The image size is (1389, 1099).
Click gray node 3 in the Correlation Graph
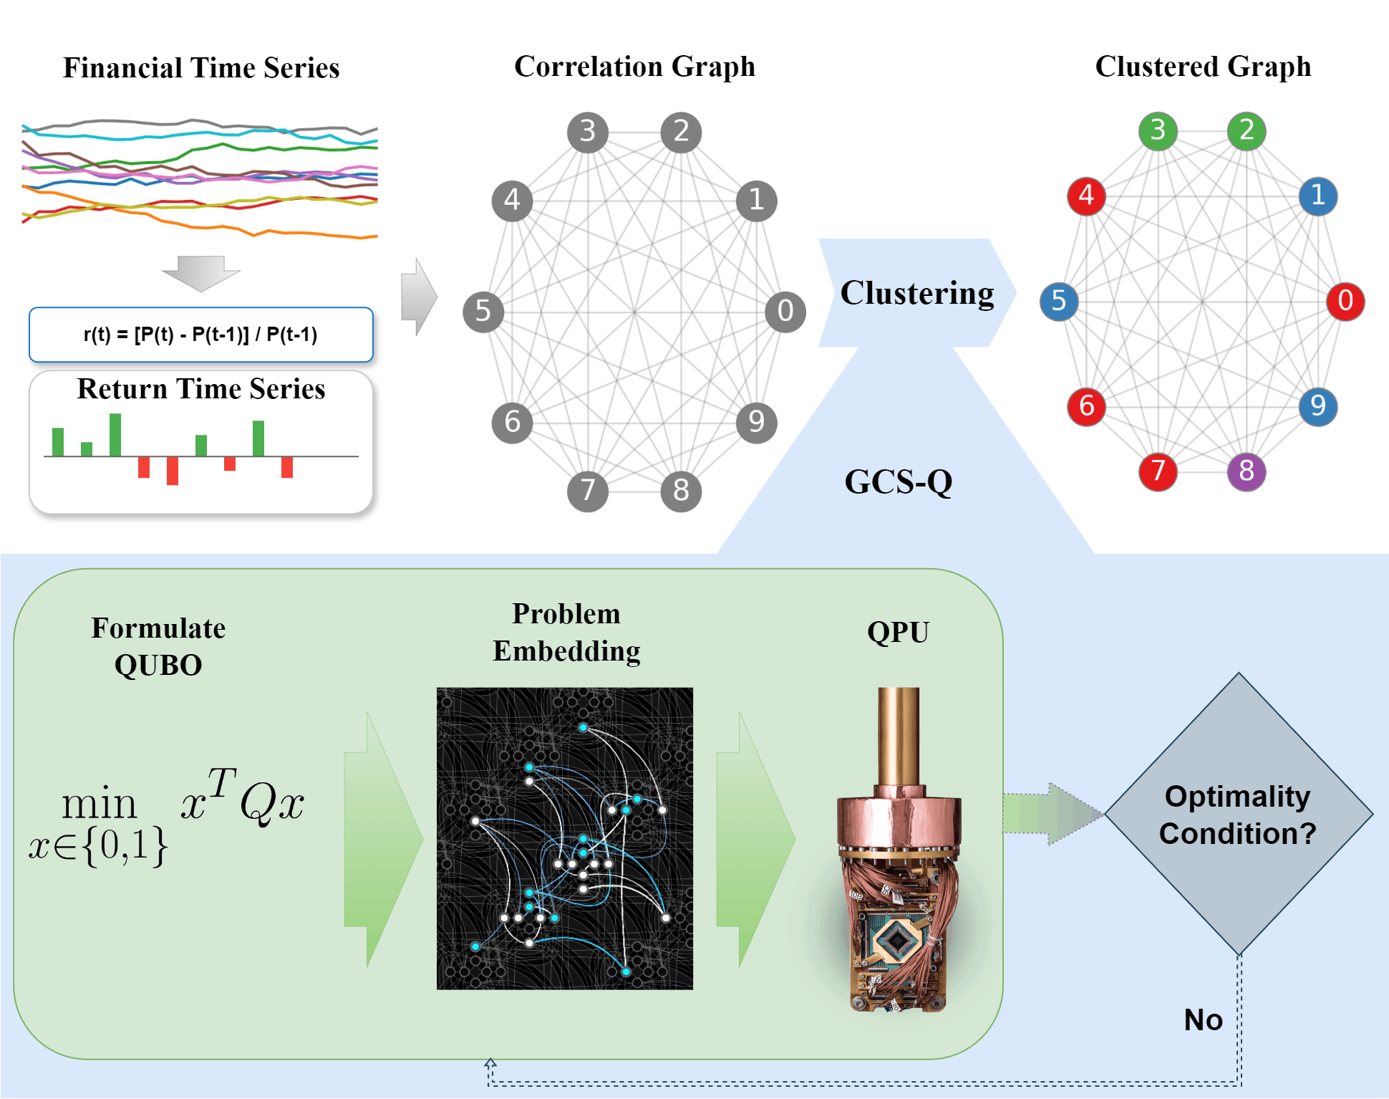[x=587, y=132]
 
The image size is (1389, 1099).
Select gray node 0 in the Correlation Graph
[x=785, y=312]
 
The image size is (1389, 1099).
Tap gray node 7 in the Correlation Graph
[x=587, y=491]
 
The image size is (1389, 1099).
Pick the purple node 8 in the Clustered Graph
[x=1246, y=471]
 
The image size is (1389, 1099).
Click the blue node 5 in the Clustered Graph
[x=1059, y=301]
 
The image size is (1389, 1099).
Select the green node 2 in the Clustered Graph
[x=1246, y=131]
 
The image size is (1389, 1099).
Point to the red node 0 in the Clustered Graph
[x=1345, y=301]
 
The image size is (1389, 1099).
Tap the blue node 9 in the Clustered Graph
[x=1317, y=406]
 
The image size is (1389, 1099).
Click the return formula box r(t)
[x=200, y=335]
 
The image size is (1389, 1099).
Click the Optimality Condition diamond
[x=1238, y=814]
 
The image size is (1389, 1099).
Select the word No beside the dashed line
[x=1203, y=1019]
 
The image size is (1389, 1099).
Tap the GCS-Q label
[x=898, y=482]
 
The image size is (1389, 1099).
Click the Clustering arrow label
[x=916, y=293]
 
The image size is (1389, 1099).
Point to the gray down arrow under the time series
[x=200, y=273]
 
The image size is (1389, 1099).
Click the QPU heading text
[x=898, y=633]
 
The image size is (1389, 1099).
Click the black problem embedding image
[x=564, y=838]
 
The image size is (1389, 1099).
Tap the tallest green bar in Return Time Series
[x=115, y=434]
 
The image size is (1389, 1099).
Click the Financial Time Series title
[x=201, y=68]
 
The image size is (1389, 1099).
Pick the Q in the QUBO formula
[x=256, y=805]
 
